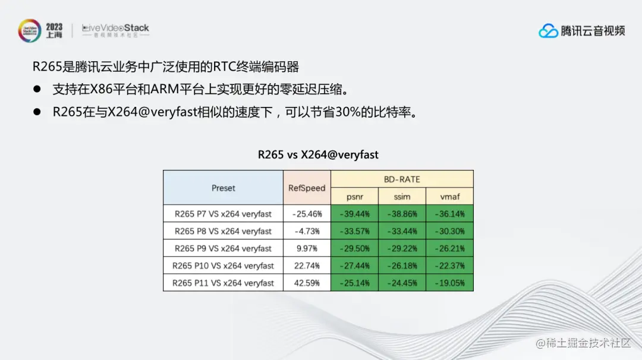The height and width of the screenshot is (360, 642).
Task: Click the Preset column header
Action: (x=223, y=188)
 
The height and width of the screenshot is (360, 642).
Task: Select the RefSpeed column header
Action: (x=307, y=188)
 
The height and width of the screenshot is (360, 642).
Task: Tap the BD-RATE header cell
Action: (x=402, y=179)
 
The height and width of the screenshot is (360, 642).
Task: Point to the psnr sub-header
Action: (x=354, y=197)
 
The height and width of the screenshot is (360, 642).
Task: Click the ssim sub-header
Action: (x=402, y=197)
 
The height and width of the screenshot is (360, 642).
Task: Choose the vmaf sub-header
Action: (x=449, y=197)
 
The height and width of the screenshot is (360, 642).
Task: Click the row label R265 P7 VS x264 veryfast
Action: (x=223, y=214)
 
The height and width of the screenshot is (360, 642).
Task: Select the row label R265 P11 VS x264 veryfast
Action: (x=223, y=283)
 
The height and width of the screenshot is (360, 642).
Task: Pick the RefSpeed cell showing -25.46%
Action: (x=307, y=214)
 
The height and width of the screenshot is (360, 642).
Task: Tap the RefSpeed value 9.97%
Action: (x=307, y=248)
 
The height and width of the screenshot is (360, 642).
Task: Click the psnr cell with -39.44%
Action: (x=354, y=214)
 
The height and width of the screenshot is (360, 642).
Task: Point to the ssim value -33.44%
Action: (x=402, y=231)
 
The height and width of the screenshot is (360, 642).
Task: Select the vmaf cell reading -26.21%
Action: (x=449, y=248)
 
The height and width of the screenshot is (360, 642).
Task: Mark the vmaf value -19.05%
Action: (x=449, y=283)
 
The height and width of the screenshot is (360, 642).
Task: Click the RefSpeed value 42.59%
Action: (x=307, y=283)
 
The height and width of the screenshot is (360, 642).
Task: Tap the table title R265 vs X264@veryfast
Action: (x=318, y=154)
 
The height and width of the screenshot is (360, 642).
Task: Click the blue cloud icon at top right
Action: (x=548, y=31)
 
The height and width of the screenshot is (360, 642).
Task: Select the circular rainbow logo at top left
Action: (x=30, y=31)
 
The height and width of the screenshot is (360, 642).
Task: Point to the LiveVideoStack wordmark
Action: (x=115, y=29)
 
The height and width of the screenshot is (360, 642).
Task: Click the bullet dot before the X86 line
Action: (x=37, y=89)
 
